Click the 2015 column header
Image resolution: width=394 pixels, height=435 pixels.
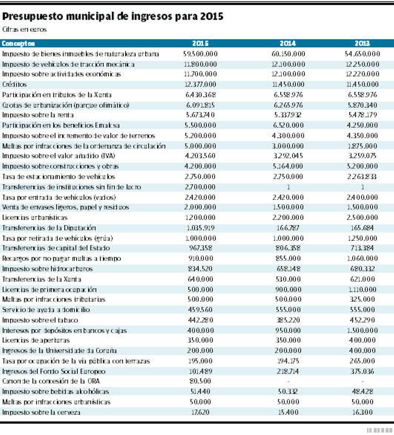coord(200,43)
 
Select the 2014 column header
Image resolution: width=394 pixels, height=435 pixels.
coord(288,43)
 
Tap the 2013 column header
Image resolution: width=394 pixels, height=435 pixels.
coord(362,43)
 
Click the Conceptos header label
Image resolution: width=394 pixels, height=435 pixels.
coord(18,43)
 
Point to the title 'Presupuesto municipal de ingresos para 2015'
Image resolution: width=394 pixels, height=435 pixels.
coord(113,16)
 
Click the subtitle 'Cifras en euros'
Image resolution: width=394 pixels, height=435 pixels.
coord(25,30)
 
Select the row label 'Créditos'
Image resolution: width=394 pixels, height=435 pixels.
coord(14,85)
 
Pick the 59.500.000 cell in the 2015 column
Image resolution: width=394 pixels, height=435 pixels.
coord(200,54)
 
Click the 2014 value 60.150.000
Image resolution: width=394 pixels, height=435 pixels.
coord(288,54)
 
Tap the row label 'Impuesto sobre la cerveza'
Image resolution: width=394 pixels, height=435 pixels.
coord(41,412)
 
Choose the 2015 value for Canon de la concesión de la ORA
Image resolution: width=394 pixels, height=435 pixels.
coord(200,381)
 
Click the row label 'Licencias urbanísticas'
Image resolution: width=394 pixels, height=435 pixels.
coord(35,217)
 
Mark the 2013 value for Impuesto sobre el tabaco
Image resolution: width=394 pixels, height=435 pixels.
coord(362,320)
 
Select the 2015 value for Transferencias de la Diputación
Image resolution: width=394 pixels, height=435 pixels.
coord(200,228)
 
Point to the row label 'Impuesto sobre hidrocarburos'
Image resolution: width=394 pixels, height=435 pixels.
coord(48,269)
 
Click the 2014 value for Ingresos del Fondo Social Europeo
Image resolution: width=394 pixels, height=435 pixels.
coord(288,371)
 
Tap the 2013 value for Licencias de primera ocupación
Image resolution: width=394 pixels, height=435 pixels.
coord(362,290)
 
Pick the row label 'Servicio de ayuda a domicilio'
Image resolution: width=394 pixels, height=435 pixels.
coord(46,310)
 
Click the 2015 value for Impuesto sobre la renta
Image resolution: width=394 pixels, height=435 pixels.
coord(200,115)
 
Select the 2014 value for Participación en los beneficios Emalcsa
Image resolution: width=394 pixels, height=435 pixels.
coord(288,125)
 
